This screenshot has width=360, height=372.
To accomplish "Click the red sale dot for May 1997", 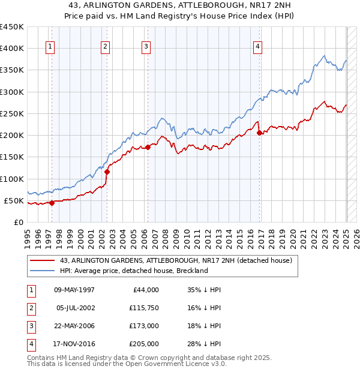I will [x=52, y=203].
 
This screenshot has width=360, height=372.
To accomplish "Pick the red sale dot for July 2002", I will [x=107, y=172].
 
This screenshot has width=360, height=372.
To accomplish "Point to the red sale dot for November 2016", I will [x=260, y=133].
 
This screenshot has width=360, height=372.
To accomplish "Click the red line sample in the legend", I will [x=42, y=260].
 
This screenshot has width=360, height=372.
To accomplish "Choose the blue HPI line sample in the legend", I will [x=42, y=271].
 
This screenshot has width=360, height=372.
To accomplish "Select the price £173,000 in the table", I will [x=144, y=326].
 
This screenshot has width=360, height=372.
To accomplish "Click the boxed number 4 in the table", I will [x=29, y=344].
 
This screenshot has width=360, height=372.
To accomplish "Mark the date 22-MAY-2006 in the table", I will [x=74, y=326].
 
